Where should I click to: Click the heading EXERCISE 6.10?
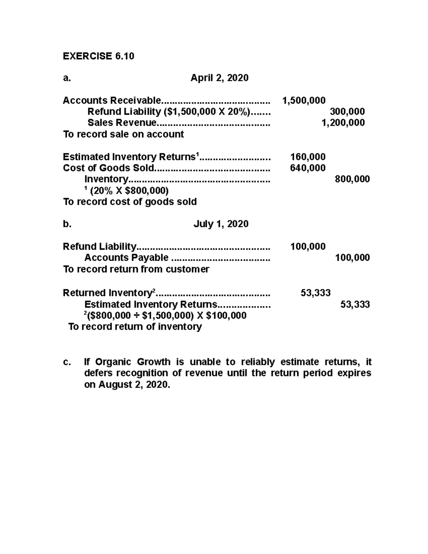pos(98,56)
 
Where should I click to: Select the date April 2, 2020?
pos(219,78)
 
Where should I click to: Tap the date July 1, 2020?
pos(221,224)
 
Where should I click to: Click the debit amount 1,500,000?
pos(304,100)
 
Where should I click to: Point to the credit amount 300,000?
pos(347,112)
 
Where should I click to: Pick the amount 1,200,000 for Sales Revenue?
pos(343,123)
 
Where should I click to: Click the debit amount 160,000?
pos(308,157)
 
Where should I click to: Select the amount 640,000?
pos(308,168)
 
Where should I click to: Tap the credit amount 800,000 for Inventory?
pos(352,179)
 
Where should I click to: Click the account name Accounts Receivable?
pos(112,100)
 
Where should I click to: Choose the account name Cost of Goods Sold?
pos(108,168)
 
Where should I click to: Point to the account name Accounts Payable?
pos(126,258)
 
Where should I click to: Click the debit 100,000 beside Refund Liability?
pos(308,246)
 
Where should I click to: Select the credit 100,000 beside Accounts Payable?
pos(352,258)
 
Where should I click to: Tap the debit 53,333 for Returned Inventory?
pos(315,293)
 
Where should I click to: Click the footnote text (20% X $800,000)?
pos(129,190)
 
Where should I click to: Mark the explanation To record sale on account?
pos(123,134)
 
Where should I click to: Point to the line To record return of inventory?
pos(135,326)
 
